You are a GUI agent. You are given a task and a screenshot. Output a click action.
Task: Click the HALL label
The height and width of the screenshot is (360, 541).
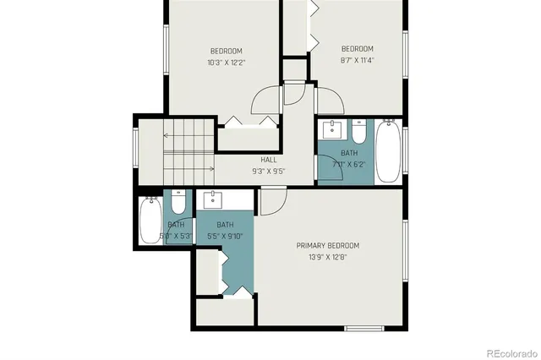(x=268, y=160)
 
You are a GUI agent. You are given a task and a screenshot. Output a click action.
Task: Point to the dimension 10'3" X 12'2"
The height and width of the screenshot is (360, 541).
(x=225, y=63)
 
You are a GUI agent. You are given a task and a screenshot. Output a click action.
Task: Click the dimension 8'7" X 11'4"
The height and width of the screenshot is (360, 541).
(x=357, y=60)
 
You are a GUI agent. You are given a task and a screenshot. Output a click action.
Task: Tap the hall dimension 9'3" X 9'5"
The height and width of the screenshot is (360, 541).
(x=268, y=171)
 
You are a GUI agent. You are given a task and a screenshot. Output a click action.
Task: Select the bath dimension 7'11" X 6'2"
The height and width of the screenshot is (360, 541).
(x=349, y=164)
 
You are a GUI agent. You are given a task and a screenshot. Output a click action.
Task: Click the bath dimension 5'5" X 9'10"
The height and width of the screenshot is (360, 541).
(x=225, y=237)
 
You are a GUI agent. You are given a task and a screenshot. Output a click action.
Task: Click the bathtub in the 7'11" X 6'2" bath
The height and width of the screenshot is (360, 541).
(x=388, y=151)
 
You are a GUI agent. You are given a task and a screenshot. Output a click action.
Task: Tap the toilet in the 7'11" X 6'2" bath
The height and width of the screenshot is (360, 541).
(x=359, y=133)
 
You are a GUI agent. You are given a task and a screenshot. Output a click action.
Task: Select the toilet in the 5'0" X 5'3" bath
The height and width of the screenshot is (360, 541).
(x=179, y=203)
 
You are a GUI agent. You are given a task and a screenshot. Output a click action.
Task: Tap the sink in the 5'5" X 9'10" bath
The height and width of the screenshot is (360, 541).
(x=212, y=200)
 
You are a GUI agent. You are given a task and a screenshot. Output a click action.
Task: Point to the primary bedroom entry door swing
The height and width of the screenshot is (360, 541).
(x=272, y=201)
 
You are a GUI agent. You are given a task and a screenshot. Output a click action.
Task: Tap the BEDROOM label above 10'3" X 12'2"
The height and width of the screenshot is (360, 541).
(x=225, y=51)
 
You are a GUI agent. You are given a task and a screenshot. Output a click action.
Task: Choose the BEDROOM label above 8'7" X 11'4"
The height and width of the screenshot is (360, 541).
(x=357, y=49)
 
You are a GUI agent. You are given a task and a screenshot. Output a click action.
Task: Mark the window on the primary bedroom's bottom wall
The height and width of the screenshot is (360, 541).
(x=364, y=327)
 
